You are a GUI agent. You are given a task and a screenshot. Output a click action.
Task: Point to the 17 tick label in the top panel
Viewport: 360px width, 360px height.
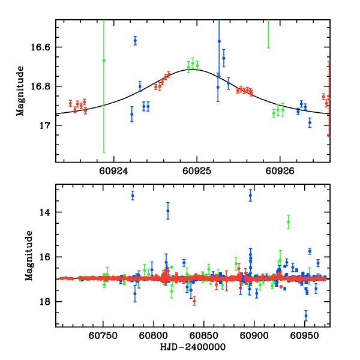pos(46,125)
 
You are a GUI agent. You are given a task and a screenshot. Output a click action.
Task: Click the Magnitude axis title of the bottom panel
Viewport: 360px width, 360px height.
pos(20,256)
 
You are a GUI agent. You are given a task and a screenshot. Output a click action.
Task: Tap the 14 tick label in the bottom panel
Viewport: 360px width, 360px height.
pos(46,212)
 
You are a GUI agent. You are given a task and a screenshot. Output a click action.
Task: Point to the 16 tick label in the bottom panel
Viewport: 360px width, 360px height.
pos(46,257)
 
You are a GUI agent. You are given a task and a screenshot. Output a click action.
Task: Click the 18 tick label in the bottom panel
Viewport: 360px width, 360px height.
pos(46,302)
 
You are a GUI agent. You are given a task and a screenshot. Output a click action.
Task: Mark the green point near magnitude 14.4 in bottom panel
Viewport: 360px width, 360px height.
pos(289,222)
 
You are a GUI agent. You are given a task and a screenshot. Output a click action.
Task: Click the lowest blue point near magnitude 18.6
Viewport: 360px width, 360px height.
pos(306,315)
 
